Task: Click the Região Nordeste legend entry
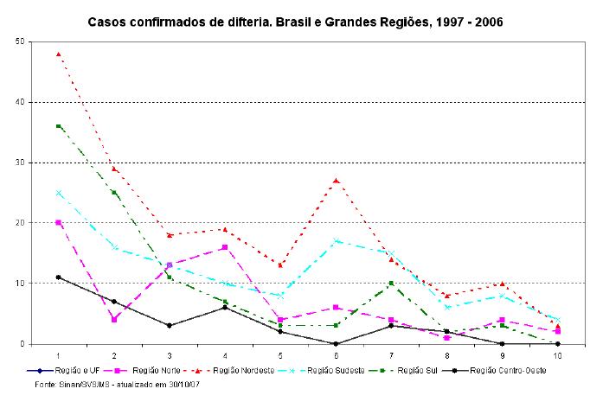coord(251,371)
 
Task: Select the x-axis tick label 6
coord(335,355)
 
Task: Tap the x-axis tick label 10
coord(556,355)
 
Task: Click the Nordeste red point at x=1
coord(58,54)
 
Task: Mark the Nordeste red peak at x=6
coord(335,181)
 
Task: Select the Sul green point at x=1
coord(58,126)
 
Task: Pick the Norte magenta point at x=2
coord(113,320)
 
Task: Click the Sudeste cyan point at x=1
coord(58,193)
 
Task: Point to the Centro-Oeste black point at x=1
coord(58,277)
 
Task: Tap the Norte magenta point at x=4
coord(224,247)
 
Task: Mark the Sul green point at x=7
coord(390,284)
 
